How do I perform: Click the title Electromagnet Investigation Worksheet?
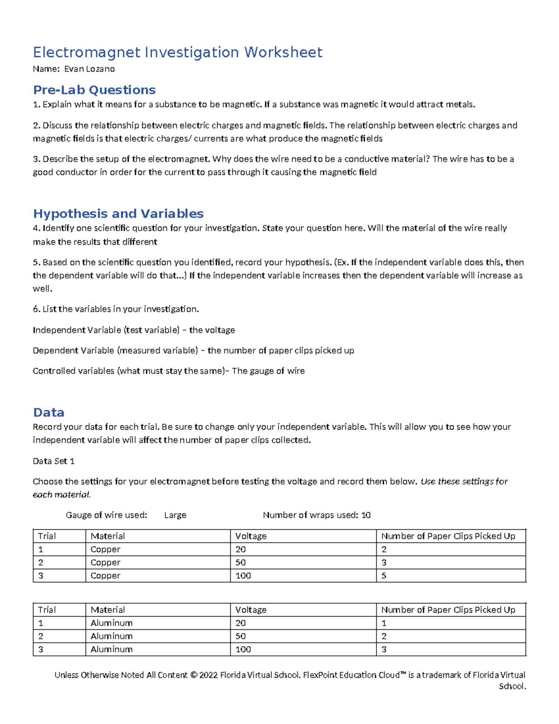coord(177,52)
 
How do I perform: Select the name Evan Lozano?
coord(89,69)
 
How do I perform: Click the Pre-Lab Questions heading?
coord(94,90)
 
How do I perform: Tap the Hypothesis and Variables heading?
coord(118,214)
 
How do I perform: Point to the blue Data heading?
coord(48,412)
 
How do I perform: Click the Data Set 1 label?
coord(54,461)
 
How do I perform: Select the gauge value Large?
coord(175,515)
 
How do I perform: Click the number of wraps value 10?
coord(366,515)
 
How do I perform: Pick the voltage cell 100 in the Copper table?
coord(243,576)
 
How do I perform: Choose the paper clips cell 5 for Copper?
coord(384,576)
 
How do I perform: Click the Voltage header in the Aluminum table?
coord(251,610)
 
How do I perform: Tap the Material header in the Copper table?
coord(108,536)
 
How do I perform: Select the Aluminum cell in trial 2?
coord(111,636)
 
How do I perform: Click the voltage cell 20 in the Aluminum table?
coord(240,623)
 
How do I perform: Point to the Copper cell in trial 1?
coord(105,550)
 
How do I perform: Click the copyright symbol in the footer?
coord(193,675)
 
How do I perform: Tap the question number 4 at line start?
coord(35,228)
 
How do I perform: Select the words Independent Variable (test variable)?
coord(106,330)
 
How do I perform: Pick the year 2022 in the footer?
coord(208,675)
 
